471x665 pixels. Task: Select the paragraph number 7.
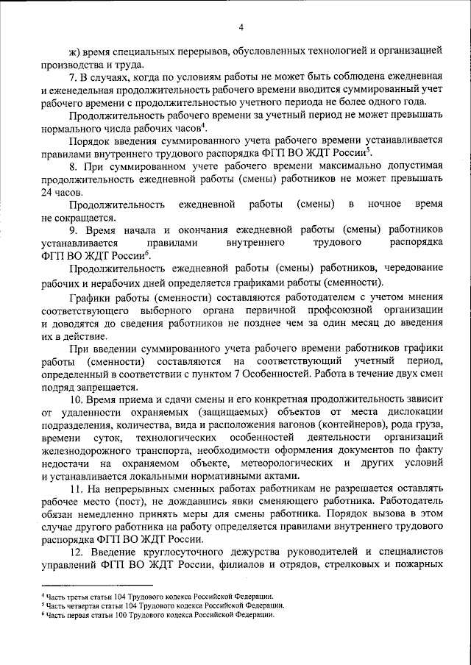coord(73,77)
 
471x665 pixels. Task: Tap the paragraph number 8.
coord(73,167)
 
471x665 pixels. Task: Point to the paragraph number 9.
coord(73,230)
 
